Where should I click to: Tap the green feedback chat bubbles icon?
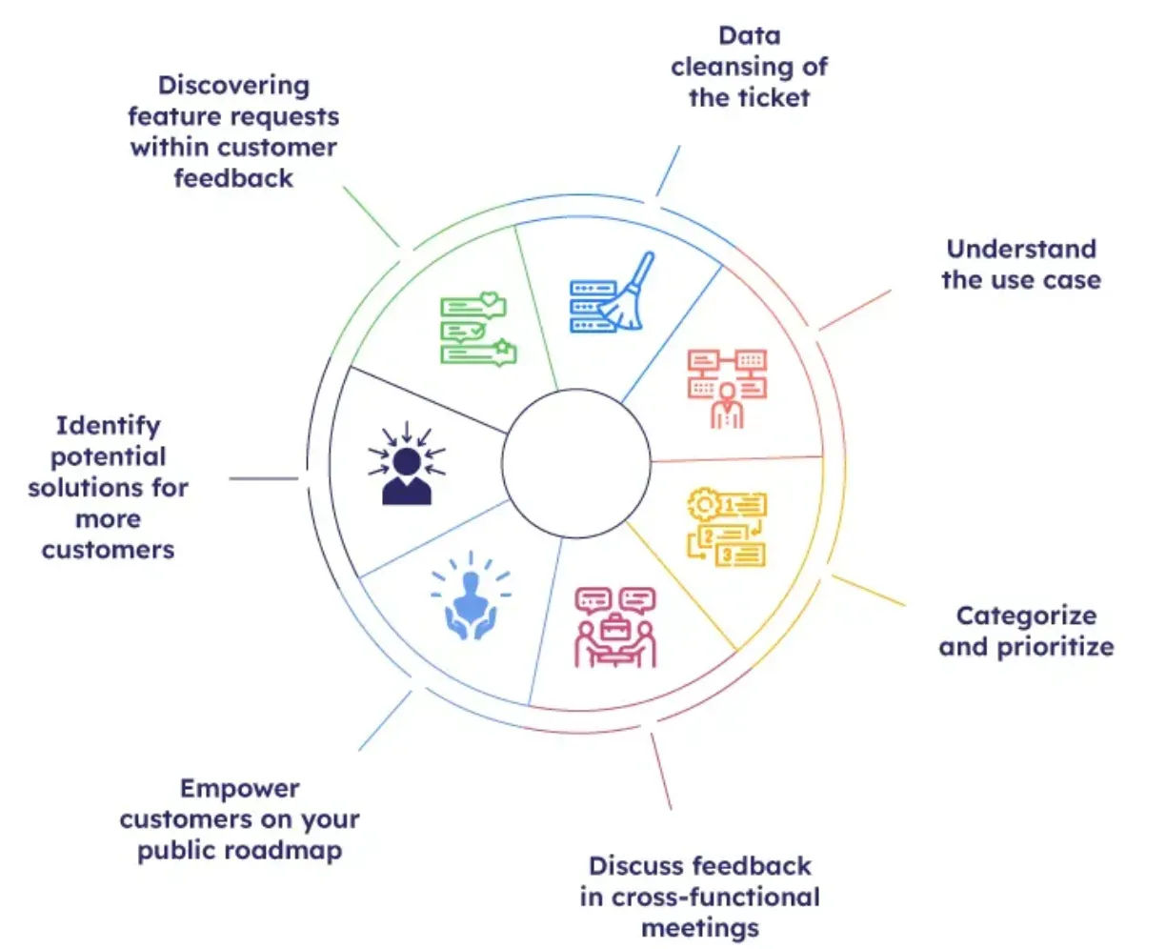coord(477,330)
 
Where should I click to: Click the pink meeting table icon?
coord(615,626)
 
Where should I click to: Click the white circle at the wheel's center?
coord(576,464)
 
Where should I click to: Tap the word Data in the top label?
coord(750,36)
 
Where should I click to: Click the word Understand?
coord(1021,250)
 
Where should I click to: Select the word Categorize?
coord(1026,616)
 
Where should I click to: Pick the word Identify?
coord(108,426)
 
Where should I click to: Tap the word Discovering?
coord(233,86)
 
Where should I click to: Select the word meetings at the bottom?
coord(700,928)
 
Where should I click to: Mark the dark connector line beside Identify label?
coord(264,478)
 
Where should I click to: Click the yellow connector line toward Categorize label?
coord(869,591)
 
